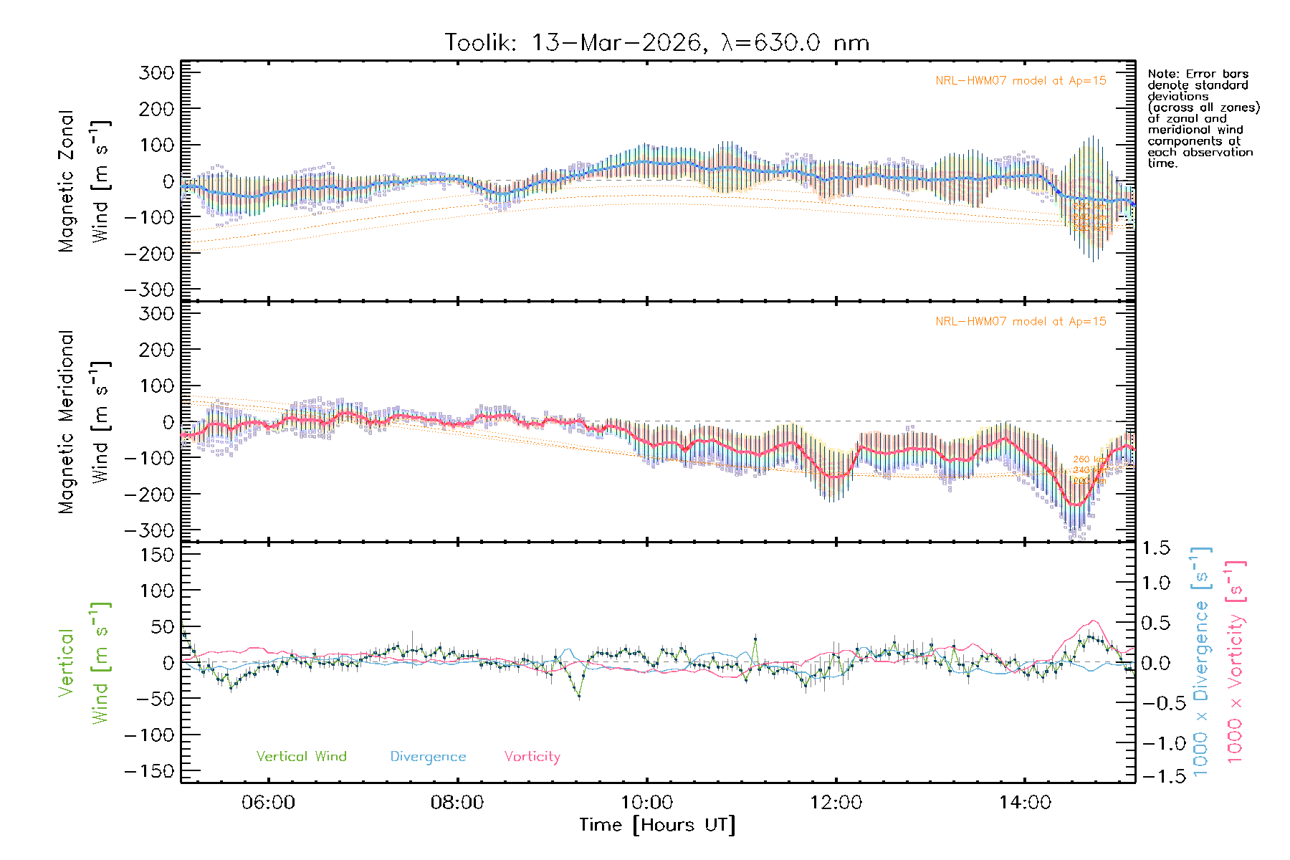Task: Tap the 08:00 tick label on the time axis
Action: click(x=457, y=803)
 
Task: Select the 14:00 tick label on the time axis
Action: click(x=1025, y=803)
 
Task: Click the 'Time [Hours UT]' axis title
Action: click(x=657, y=826)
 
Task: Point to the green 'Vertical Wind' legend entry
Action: click(x=301, y=757)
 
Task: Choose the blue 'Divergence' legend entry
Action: click(x=428, y=757)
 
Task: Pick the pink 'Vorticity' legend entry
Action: click(x=532, y=757)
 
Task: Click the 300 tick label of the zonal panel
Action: click(x=156, y=73)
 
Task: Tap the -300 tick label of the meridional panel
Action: click(x=149, y=531)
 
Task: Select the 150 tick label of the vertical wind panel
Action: click(x=156, y=555)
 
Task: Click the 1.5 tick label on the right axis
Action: click(x=1155, y=548)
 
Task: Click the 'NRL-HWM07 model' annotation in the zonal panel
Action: click(x=1021, y=81)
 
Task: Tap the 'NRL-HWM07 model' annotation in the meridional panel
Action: click(x=1021, y=322)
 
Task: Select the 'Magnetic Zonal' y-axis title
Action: click(x=66, y=181)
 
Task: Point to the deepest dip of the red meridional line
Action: click(x=1075, y=505)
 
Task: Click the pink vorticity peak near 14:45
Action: click(x=1093, y=621)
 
